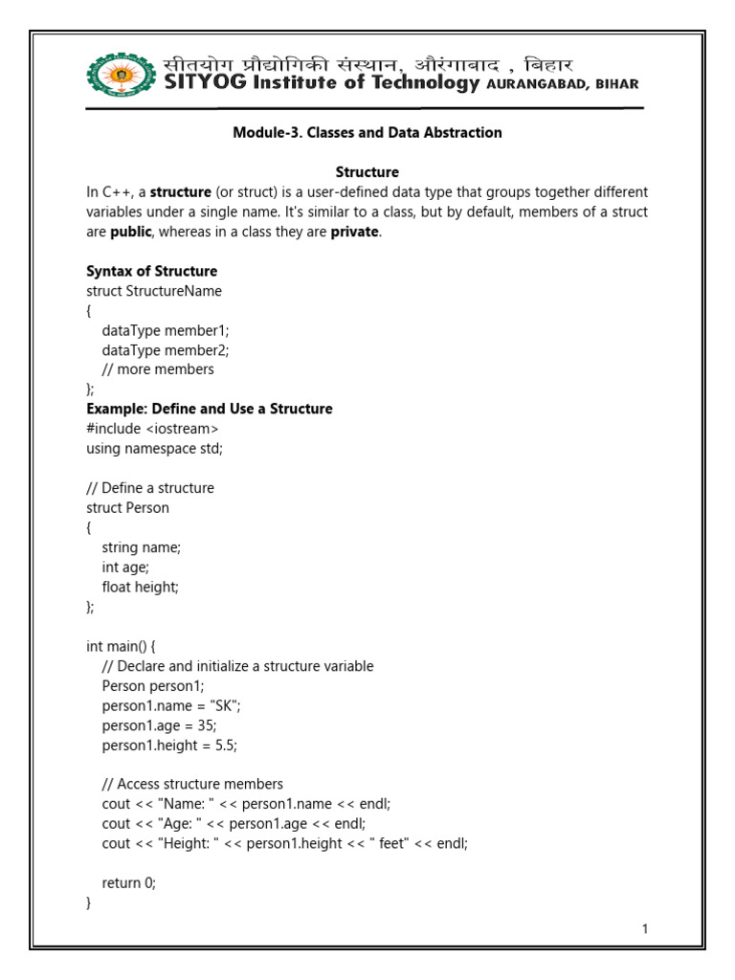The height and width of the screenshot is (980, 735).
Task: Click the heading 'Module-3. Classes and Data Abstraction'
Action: pos(367,133)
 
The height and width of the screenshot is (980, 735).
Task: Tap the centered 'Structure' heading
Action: pos(367,172)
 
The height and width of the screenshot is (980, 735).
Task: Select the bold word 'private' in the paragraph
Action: pos(355,232)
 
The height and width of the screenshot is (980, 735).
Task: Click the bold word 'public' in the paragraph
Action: pos(130,232)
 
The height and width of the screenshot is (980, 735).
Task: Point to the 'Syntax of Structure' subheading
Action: pos(151,271)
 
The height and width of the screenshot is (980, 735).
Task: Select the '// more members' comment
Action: pos(158,369)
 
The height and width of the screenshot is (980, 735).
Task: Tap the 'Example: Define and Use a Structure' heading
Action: pos(210,409)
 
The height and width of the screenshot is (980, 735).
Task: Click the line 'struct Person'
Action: pos(127,507)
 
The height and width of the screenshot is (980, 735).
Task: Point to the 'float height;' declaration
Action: pos(141,587)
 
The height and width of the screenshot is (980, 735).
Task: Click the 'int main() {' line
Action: pos(127,646)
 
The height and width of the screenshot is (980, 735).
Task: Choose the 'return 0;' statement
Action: pos(128,883)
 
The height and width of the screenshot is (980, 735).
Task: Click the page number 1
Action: pos(646,928)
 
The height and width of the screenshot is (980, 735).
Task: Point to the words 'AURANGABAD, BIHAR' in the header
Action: pos(563,84)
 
